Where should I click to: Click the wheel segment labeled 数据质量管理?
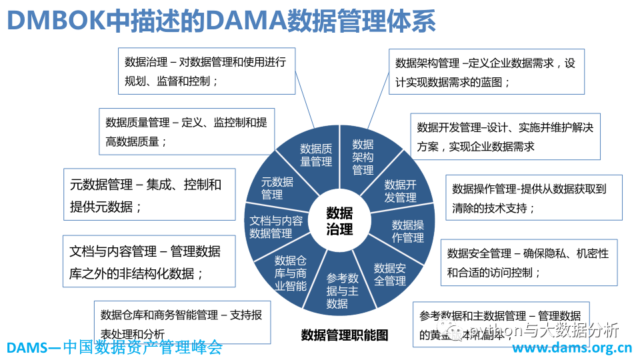click(315, 155)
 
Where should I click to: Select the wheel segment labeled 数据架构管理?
click(363, 157)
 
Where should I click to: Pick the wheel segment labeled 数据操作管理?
click(407, 231)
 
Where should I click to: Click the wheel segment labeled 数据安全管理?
click(390, 274)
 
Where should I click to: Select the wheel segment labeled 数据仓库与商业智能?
click(290, 273)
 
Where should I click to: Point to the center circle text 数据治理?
click(339, 221)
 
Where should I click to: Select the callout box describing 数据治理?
click(207, 71)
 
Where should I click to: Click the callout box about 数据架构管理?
click(486, 71)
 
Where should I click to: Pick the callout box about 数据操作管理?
click(533, 197)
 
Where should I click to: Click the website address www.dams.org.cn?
click(571, 348)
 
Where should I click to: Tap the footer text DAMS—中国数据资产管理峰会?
click(114, 347)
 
